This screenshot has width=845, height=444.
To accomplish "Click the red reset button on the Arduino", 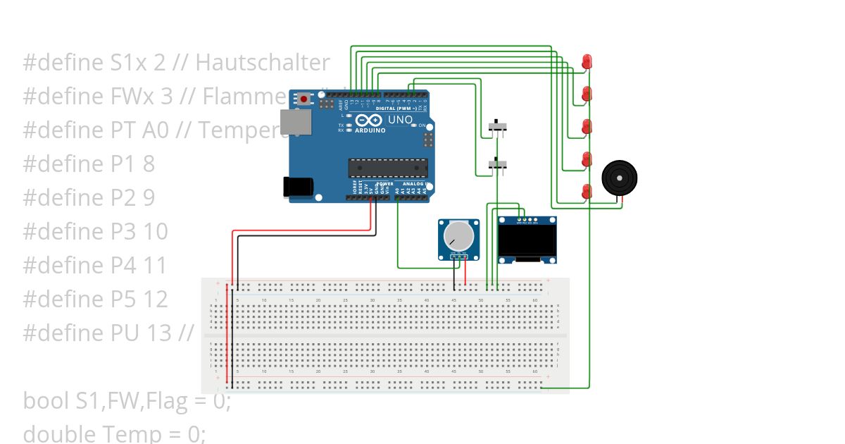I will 304,99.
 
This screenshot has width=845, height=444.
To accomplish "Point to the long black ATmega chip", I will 388,168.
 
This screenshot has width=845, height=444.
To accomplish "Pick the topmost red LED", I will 587,61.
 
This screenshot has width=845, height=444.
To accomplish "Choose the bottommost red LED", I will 587,191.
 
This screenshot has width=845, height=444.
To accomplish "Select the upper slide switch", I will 499,127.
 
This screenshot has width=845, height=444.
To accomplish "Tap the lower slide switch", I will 499,165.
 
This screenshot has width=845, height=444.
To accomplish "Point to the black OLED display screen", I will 527,241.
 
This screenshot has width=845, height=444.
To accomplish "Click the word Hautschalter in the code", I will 262,63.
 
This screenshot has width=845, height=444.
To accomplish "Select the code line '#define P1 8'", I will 89,164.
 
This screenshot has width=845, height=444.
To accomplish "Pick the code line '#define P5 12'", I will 96,299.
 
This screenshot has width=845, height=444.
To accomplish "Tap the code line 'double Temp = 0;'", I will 114,433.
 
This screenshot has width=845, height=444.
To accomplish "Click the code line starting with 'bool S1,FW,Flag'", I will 127,400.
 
